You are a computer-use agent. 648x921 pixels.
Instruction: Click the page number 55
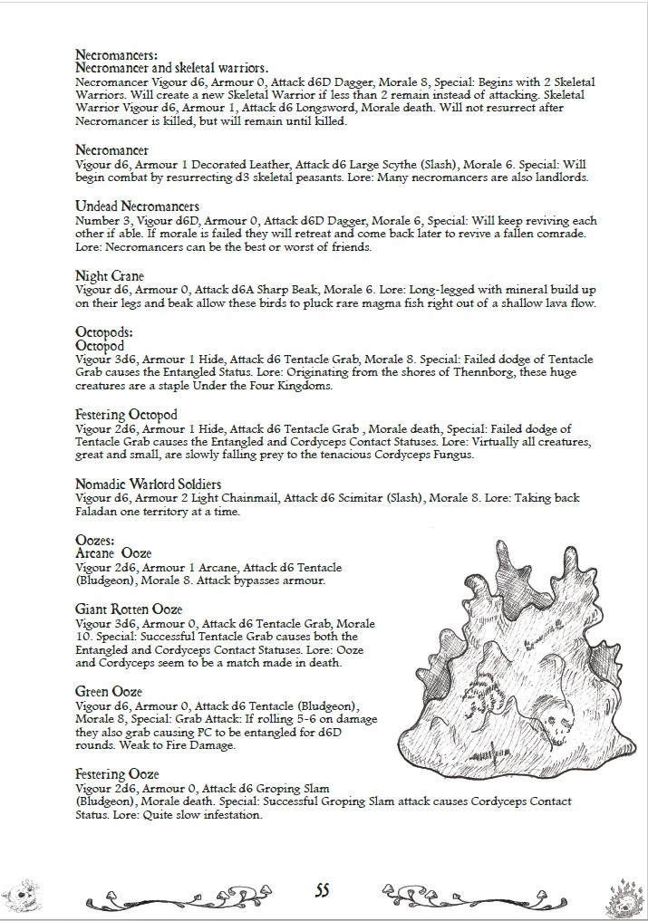(x=323, y=889)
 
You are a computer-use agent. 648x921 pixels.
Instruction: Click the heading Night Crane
(x=110, y=275)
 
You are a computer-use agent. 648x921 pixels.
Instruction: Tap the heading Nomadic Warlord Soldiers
(x=148, y=484)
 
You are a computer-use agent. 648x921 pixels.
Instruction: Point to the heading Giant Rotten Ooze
(x=129, y=609)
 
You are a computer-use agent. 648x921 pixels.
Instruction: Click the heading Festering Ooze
(x=117, y=774)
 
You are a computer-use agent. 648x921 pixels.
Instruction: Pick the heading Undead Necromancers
(x=137, y=206)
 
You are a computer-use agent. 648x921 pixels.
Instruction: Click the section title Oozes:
(x=94, y=541)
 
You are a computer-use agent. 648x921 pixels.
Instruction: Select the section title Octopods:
(x=104, y=333)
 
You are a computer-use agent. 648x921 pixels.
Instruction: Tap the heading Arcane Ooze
(x=113, y=553)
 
